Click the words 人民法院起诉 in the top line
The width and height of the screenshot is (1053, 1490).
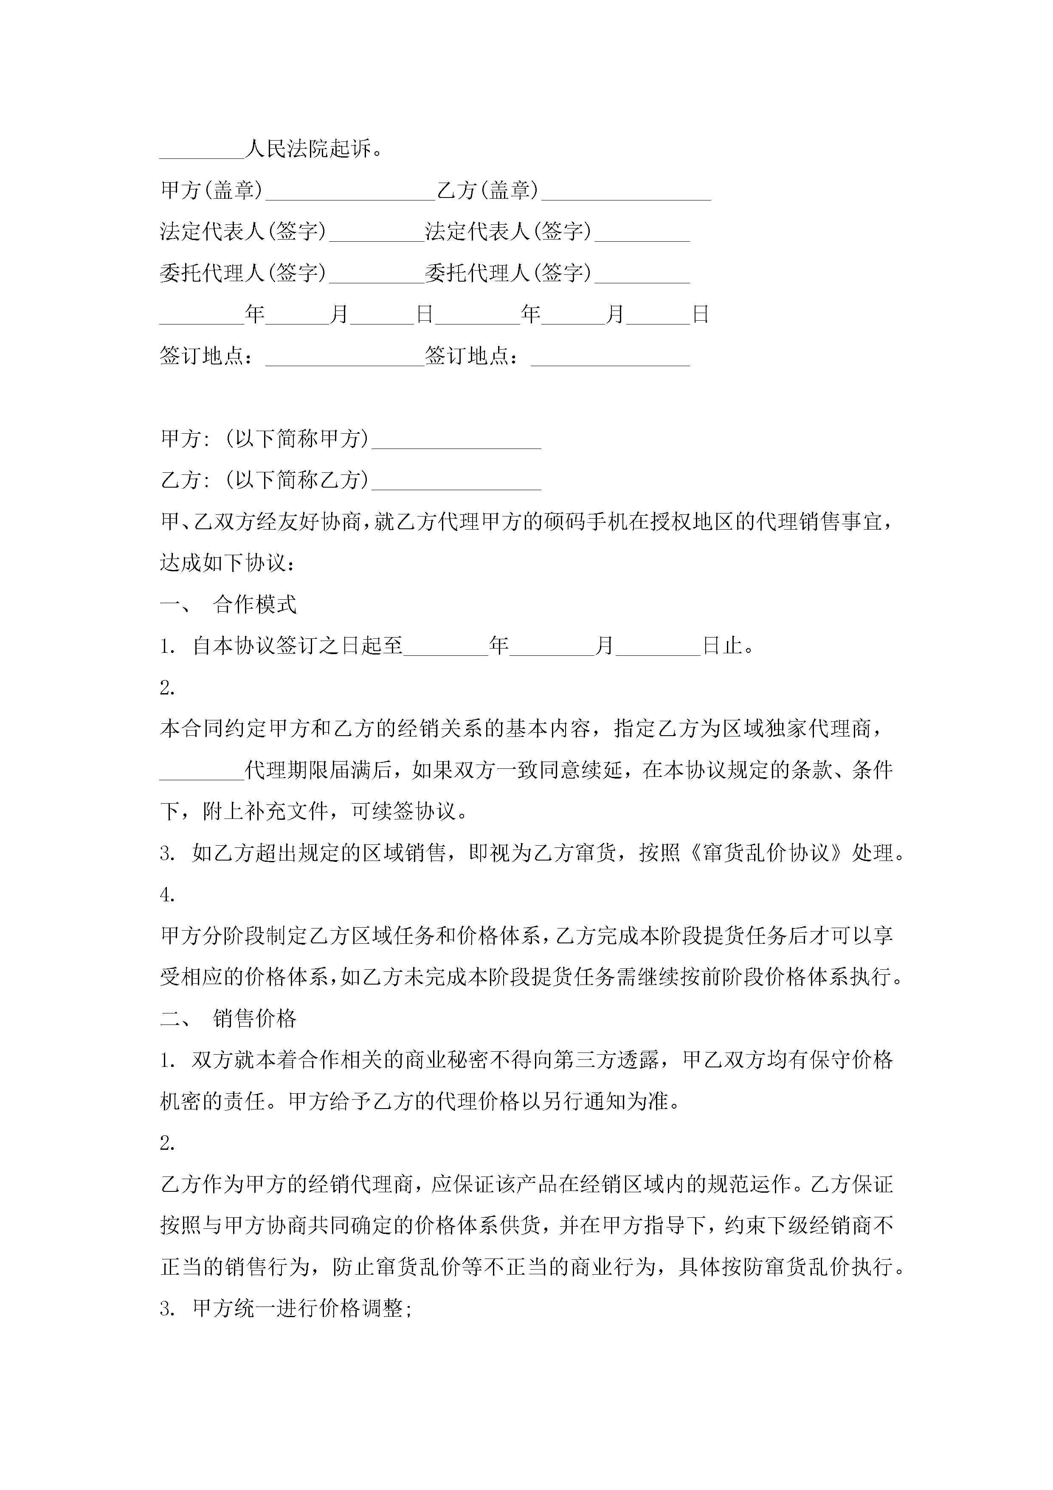309,149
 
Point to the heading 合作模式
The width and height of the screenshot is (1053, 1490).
254,605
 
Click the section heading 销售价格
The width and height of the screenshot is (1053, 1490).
254,1019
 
